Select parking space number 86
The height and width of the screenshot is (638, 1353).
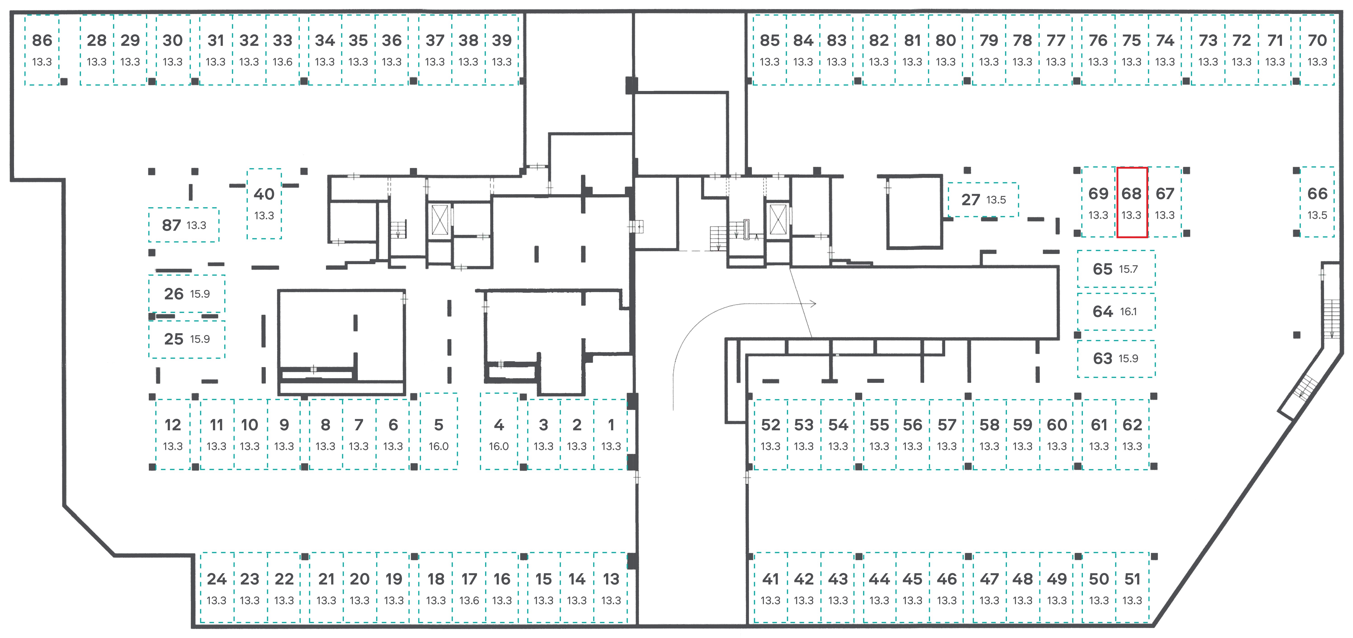(42, 50)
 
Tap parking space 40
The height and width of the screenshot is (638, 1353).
(264, 204)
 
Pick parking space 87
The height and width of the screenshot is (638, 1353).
(183, 225)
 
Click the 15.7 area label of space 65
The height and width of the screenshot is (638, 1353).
(1128, 269)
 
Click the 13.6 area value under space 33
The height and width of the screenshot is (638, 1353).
(283, 62)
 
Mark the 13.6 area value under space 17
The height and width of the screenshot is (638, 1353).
(469, 600)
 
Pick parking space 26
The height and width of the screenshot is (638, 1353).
(187, 294)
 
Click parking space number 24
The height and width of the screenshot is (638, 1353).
(216, 588)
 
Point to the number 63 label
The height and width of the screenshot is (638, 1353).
(1103, 358)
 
